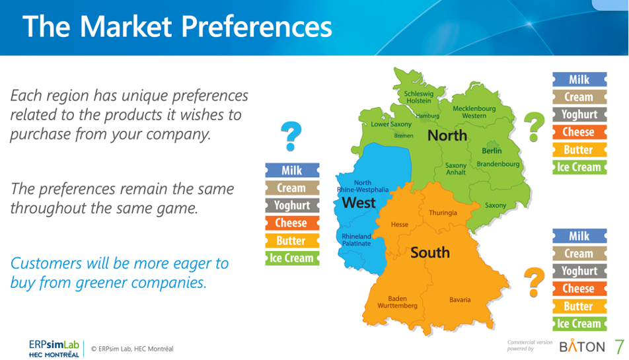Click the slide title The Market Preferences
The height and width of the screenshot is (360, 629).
(x=177, y=27)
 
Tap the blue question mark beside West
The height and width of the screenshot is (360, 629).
(x=291, y=136)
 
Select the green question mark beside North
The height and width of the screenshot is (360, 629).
(x=534, y=126)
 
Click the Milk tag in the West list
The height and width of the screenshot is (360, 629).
(x=292, y=170)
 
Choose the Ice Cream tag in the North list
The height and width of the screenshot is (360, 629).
(x=579, y=167)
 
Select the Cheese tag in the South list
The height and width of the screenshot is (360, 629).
(x=579, y=289)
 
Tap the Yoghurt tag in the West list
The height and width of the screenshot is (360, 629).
(x=292, y=205)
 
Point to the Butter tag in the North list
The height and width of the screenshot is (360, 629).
(x=579, y=150)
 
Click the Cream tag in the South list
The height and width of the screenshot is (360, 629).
(x=579, y=254)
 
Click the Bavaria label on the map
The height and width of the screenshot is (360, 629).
(x=460, y=300)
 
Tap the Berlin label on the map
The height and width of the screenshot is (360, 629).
(x=492, y=151)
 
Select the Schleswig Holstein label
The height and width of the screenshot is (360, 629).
(x=419, y=97)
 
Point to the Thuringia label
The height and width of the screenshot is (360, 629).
(x=443, y=213)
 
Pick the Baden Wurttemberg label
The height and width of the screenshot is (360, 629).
(x=397, y=303)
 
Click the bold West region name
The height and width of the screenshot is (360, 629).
(x=359, y=203)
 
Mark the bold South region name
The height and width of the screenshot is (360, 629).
(x=429, y=252)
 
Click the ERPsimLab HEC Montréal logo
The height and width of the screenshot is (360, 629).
(x=54, y=348)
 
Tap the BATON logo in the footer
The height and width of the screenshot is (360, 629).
(x=581, y=347)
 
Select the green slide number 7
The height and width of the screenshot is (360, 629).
(x=619, y=346)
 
